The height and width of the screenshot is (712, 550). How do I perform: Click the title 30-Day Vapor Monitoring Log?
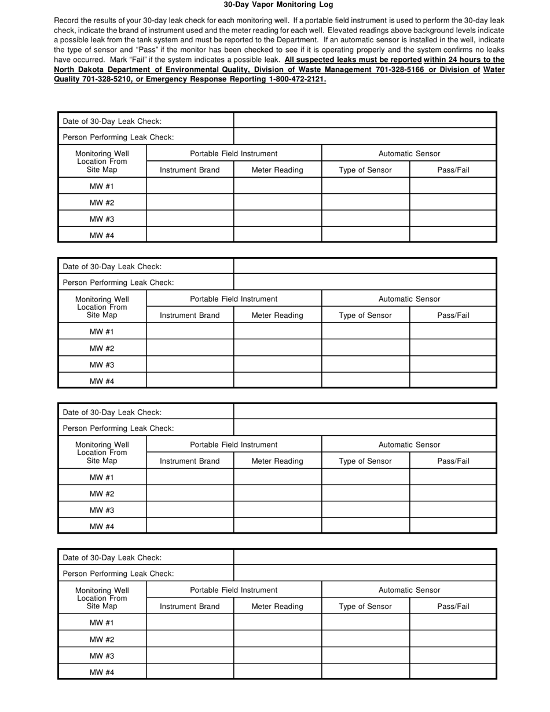tap(278, 5)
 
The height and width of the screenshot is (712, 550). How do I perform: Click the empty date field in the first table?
tap(365, 120)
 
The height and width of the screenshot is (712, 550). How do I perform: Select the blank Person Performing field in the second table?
tap(365, 282)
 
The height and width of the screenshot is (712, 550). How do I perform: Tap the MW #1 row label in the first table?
tap(102, 186)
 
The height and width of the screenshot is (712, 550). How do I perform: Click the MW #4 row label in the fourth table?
tap(102, 672)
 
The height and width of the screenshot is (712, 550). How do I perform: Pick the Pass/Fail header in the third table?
tap(453, 461)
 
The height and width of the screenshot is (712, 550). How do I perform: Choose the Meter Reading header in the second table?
tap(277, 315)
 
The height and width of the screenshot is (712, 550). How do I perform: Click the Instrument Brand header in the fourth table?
tap(189, 606)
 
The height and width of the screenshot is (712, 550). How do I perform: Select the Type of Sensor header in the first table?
tap(365, 170)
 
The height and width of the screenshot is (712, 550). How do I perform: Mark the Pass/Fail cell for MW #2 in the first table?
tap(453, 202)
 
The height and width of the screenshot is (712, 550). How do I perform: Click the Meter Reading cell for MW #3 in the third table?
tap(277, 509)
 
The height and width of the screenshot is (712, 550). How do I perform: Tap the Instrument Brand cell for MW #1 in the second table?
tap(189, 332)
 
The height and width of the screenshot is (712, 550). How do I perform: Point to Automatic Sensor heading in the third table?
tap(409, 445)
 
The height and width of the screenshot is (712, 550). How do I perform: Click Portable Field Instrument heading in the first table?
tap(233, 153)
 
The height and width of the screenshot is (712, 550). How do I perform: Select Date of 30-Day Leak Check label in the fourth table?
tap(112, 557)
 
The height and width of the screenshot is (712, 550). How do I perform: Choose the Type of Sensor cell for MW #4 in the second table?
tap(365, 380)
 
